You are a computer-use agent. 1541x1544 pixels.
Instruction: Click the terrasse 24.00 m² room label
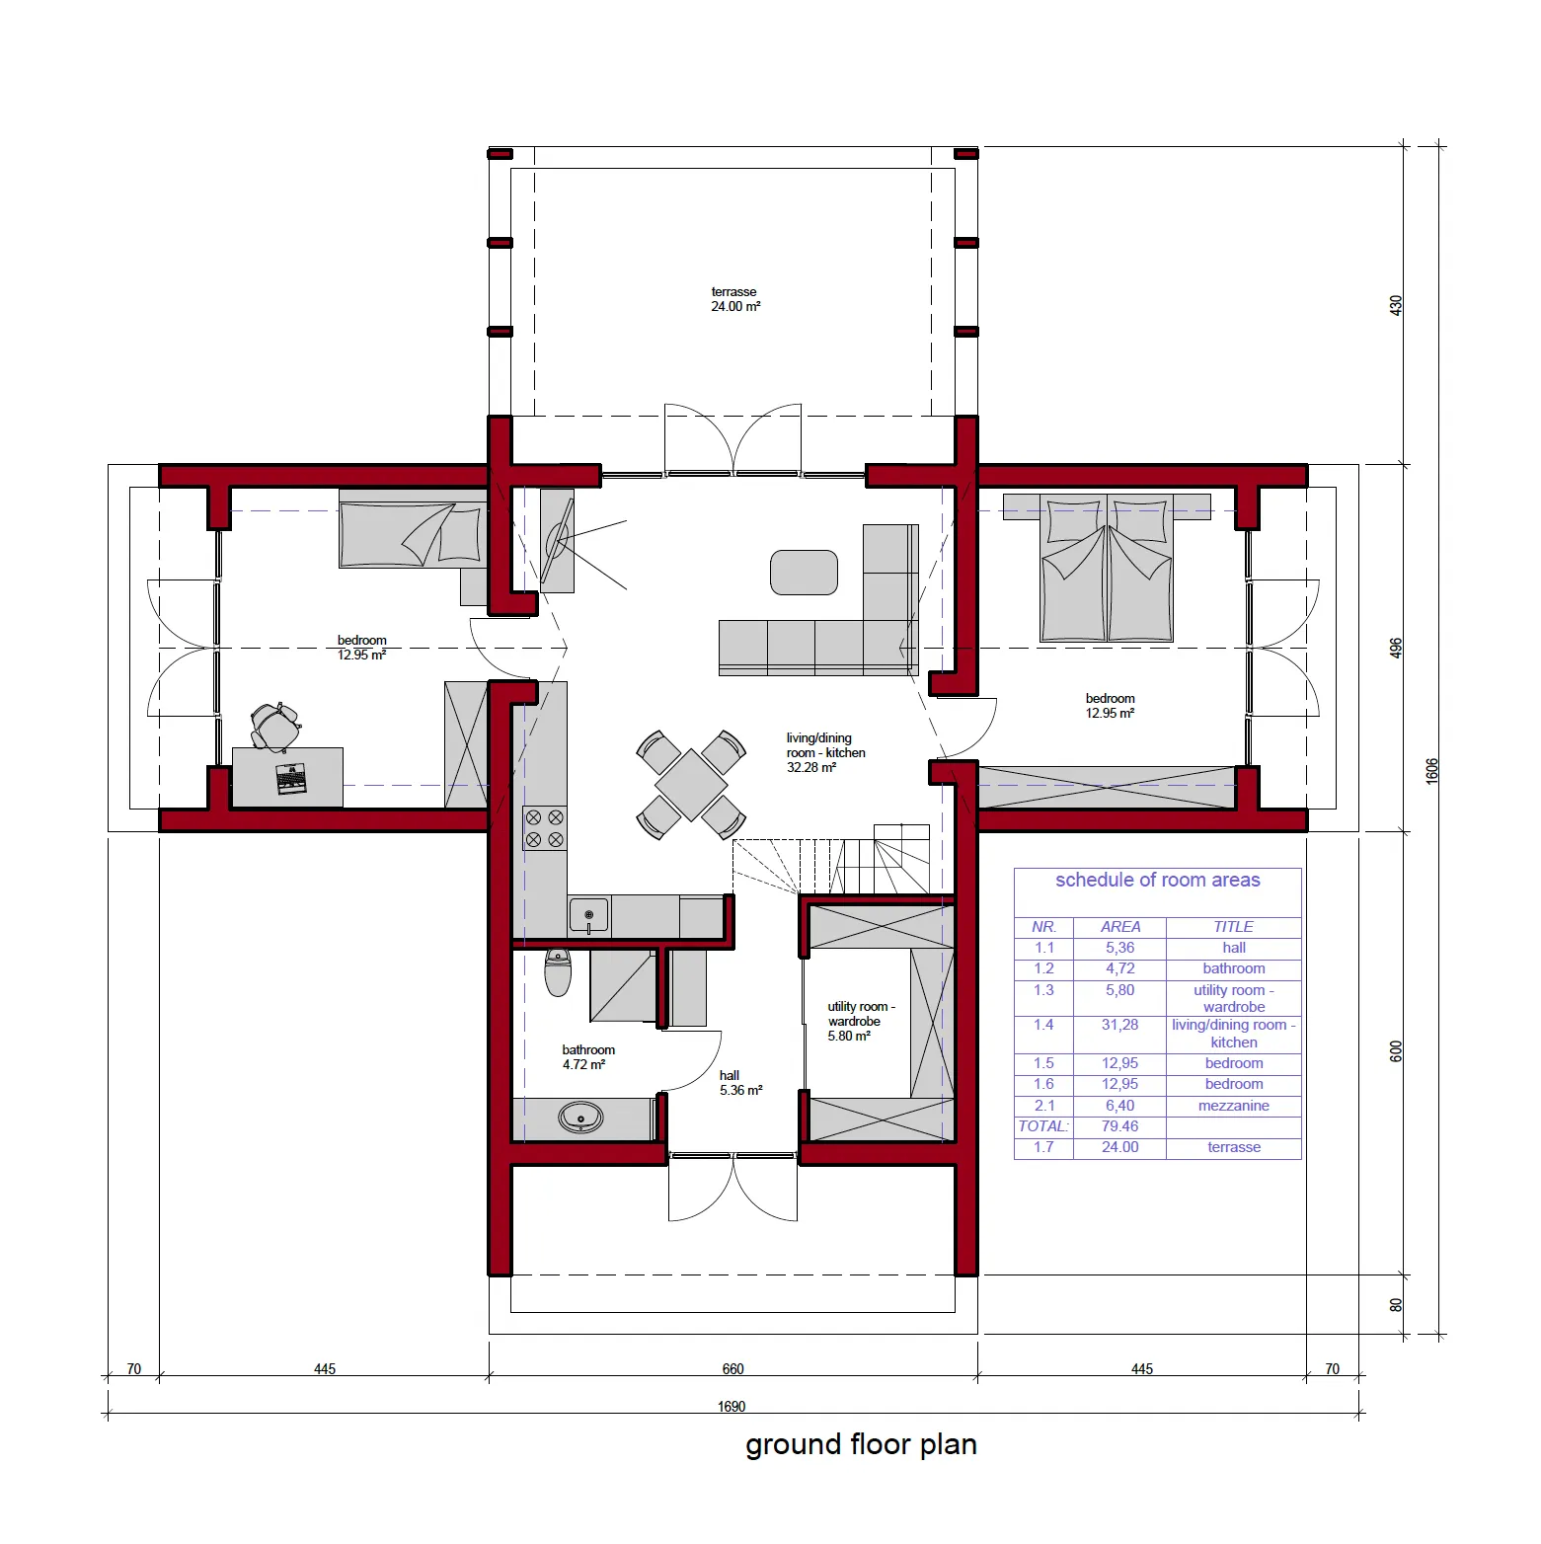pos(735,299)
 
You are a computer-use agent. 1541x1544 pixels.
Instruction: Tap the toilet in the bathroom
pos(558,972)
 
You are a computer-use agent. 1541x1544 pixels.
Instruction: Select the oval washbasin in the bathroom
pos(580,1118)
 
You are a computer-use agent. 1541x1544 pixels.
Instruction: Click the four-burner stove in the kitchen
pos(544,828)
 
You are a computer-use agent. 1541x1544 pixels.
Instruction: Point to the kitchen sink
pos(588,916)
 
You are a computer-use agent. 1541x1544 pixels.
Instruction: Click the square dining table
pos(691,785)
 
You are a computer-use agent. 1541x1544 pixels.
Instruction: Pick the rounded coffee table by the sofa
pos(804,573)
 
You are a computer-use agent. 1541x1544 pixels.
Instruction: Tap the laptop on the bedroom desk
pos(290,779)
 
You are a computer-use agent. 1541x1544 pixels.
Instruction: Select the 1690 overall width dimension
pos(732,1407)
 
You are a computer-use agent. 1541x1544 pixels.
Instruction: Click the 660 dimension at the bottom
pos(732,1369)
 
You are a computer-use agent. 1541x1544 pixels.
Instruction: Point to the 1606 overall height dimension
pos(1432,771)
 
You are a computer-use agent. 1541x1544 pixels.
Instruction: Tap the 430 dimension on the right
pos(1396,305)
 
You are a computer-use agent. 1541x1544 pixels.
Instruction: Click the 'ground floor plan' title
pos(861,1445)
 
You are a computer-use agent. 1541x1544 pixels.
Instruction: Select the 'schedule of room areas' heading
pos(1158,880)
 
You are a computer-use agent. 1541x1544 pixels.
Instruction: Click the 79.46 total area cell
pos(1120,1126)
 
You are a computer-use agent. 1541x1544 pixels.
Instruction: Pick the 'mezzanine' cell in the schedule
pos(1234,1106)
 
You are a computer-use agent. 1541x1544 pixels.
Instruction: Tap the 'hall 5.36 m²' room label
pos(740,1083)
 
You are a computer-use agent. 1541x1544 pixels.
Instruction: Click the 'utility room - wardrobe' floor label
pos(861,1014)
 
